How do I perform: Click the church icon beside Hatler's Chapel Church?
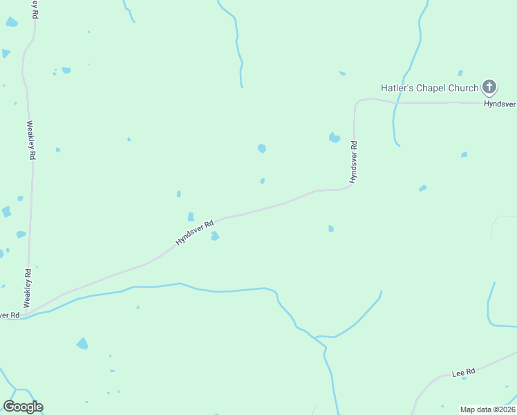[x=489, y=87]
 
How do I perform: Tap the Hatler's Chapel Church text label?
[x=429, y=88]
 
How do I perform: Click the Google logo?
[x=23, y=407]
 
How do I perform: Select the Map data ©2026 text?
[x=487, y=409]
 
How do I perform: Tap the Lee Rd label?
[x=463, y=372]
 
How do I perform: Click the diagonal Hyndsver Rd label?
[x=194, y=232]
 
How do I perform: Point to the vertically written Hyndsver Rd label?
[x=353, y=162]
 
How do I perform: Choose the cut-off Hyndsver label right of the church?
[x=500, y=102]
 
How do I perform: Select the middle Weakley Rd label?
[x=30, y=140]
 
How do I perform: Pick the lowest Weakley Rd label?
[x=28, y=288]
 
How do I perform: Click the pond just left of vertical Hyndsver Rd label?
[x=335, y=137]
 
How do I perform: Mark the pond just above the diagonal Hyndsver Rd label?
[x=191, y=216]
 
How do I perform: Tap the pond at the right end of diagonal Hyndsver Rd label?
[x=215, y=236]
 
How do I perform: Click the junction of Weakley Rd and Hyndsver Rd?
[x=26, y=315]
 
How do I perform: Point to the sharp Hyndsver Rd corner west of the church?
[x=355, y=104]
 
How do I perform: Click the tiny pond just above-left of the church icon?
[x=460, y=73]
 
